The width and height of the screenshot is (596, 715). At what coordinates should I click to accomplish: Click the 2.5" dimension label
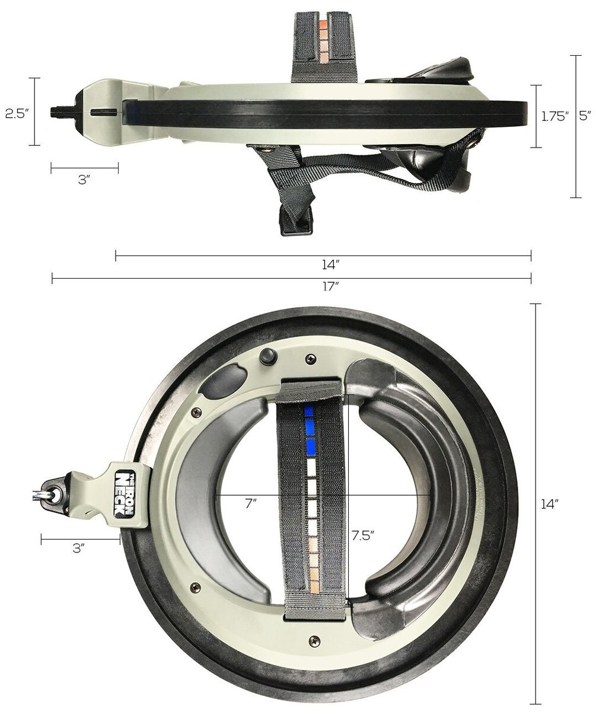pyautogui.click(x=15, y=114)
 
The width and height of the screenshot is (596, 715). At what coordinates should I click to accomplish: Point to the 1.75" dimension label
pyautogui.click(x=555, y=117)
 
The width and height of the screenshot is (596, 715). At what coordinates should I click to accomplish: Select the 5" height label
pyautogui.click(x=585, y=116)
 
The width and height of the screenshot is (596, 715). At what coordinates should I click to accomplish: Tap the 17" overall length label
pyautogui.click(x=330, y=286)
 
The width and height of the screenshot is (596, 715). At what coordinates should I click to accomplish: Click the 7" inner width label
pyautogui.click(x=251, y=503)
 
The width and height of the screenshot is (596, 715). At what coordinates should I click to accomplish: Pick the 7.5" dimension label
pyautogui.click(x=363, y=535)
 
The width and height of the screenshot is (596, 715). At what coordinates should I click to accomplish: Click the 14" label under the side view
pyautogui.click(x=330, y=264)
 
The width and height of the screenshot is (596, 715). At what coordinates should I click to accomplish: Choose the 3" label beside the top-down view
pyautogui.click(x=79, y=548)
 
